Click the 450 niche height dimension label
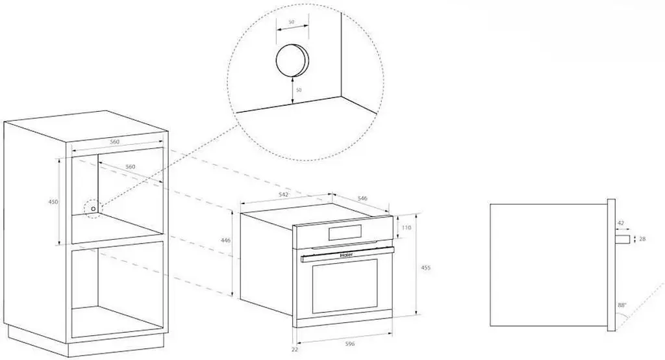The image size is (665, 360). pos(53,202)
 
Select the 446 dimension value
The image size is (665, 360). pos(226,240)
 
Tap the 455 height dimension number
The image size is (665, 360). pos(425,268)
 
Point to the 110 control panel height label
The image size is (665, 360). pos(407,227)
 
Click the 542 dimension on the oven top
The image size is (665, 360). pos(284,194)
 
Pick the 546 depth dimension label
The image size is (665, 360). pos(362,198)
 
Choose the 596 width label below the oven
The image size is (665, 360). pos(349,344)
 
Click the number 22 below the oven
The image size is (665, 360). pos(295,350)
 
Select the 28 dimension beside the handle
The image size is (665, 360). pos(642,239)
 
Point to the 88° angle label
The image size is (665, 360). pos(622,305)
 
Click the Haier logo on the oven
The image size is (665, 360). pos(347,255)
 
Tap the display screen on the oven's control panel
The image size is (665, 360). pos(345,232)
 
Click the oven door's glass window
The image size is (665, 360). pos(345,286)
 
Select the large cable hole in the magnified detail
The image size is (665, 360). pos(292,60)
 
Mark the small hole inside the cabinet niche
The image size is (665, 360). pos(94,209)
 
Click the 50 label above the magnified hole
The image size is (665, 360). pos(292,21)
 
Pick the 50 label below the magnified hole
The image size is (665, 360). pos(299,90)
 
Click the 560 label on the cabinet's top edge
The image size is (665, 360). pos(114,142)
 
